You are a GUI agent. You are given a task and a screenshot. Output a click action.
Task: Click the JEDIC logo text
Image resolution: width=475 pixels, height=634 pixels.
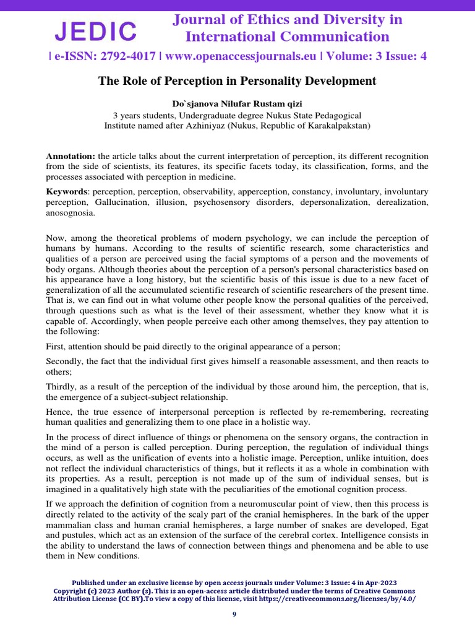tap(96, 31)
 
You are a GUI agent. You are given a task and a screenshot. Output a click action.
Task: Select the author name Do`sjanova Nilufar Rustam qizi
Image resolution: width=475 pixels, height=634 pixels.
tap(237, 105)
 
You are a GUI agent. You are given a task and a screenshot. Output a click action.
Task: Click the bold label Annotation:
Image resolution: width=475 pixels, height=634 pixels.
tap(71, 156)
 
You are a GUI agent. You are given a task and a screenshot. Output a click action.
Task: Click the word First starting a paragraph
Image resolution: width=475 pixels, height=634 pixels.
tap(56, 345)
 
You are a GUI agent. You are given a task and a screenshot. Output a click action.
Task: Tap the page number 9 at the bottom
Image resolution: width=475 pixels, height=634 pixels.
tap(234, 614)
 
